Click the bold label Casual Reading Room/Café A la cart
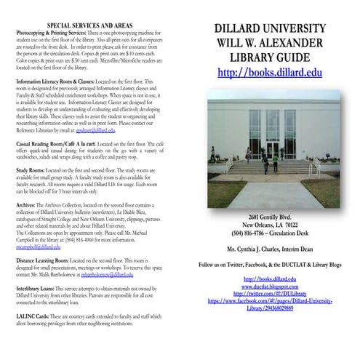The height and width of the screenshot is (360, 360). [x=53, y=145]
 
